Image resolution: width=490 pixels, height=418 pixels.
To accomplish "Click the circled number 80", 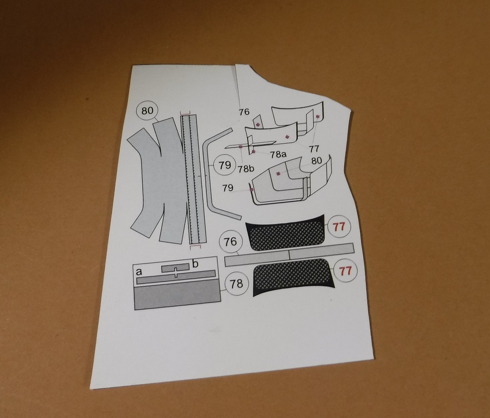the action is pos(148,111).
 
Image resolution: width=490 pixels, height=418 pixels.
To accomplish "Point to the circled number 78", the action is pos(236,284).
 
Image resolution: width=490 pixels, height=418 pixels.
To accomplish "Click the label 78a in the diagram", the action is pos(278,153).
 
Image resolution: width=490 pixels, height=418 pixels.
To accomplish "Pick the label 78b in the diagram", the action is pos(246,169).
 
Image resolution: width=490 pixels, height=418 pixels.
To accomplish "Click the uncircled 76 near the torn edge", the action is pos(244,112).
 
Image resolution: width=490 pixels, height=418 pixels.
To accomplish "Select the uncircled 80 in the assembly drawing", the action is pos(316,161).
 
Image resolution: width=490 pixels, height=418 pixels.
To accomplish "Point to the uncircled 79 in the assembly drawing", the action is pos(228,188).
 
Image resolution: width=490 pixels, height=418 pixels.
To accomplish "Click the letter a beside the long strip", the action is pos(139,272).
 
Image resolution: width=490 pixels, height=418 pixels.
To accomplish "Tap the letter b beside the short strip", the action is pos(195,265).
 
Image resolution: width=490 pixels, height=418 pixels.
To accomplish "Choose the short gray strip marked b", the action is pos(175,268).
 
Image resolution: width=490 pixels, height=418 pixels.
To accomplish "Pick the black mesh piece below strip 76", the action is pos(293,276).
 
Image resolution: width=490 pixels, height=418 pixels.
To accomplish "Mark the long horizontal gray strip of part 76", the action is pos(289,255).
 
